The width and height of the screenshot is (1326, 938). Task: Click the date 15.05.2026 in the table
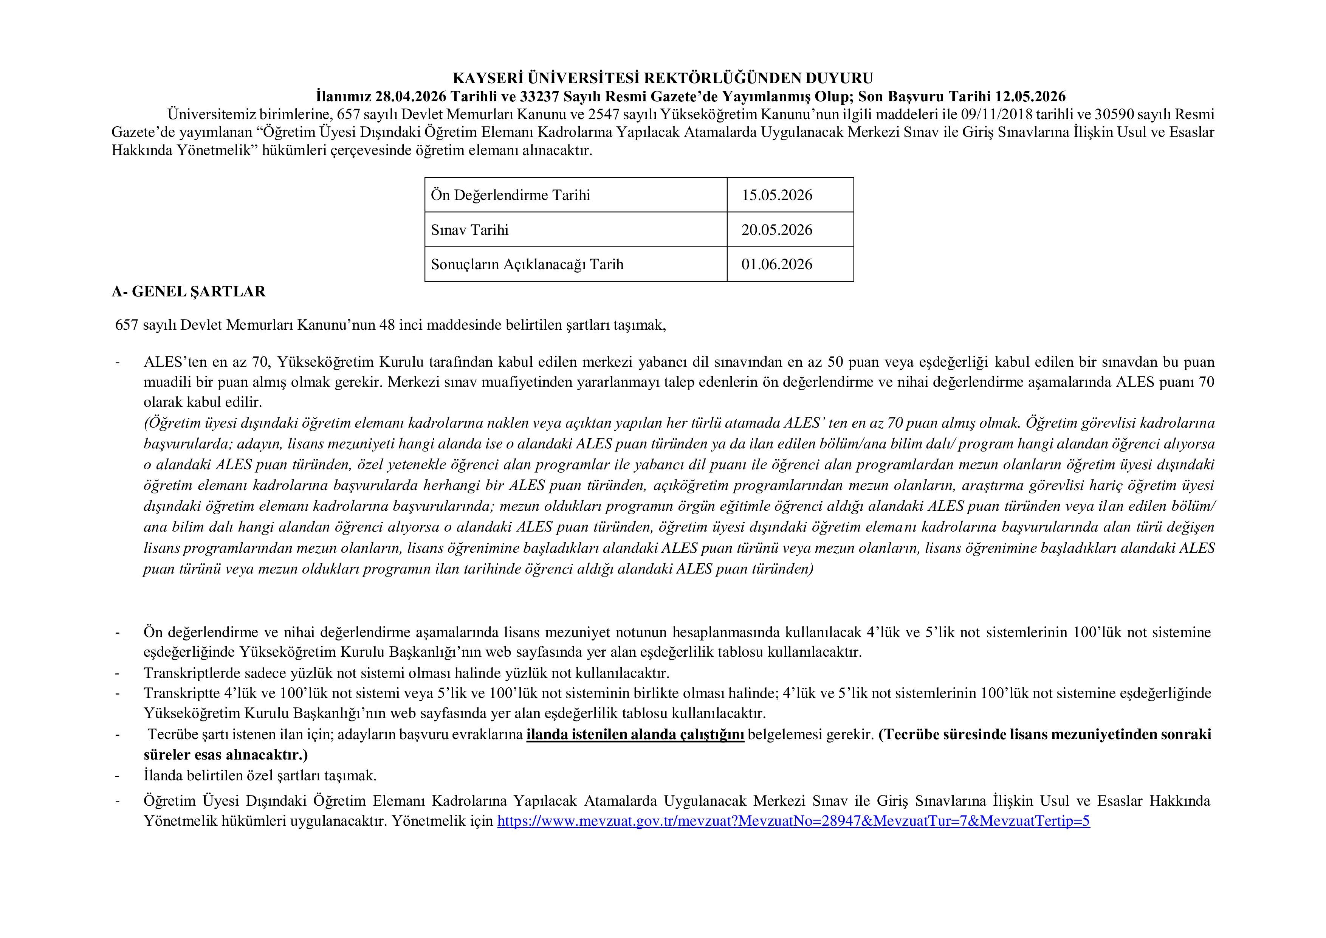tap(777, 195)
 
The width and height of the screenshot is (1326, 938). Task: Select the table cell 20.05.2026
tap(777, 230)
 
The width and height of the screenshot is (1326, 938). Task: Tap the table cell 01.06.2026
tap(777, 265)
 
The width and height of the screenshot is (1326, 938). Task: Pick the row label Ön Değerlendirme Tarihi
tap(511, 195)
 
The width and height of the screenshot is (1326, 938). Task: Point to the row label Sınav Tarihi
tap(469, 230)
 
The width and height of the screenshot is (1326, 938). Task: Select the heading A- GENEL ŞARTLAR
tap(189, 291)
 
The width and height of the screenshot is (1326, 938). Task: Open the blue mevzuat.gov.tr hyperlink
tap(793, 821)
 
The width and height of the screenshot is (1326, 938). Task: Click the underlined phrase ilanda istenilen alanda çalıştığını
tap(635, 735)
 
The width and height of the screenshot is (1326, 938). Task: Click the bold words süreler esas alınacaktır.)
tap(226, 755)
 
